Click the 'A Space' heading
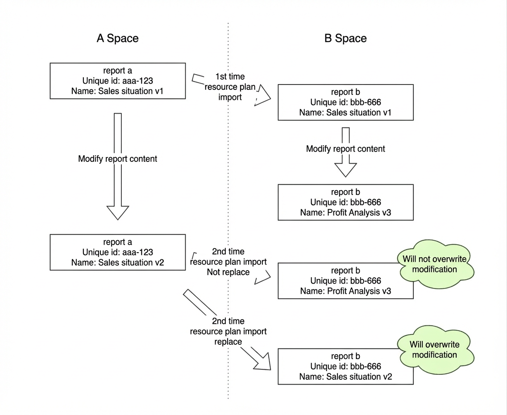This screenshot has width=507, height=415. click(117, 38)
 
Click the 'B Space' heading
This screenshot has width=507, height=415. click(345, 38)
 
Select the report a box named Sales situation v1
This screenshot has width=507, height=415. click(118, 81)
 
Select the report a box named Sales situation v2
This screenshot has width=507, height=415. click(118, 252)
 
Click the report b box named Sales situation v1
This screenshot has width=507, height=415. click(345, 102)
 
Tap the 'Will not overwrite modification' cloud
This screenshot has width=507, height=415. click(435, 264)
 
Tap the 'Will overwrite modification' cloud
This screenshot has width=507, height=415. click(435, 350)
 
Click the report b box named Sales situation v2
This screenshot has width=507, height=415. click(345, 366)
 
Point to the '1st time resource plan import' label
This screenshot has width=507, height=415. click(230, 87)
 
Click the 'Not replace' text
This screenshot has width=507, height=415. click(228, 272)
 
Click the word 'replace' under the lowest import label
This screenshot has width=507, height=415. click(228, 342)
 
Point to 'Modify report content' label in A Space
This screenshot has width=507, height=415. click(118, 159)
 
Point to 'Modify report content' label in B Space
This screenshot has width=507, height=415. click(345, 149)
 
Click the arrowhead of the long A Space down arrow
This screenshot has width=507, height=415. click(118, 213)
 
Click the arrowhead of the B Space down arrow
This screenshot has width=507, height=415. click(345, 170)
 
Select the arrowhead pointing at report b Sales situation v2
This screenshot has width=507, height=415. click(262, 361)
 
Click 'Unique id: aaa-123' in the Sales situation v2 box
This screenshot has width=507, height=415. click(118, 252)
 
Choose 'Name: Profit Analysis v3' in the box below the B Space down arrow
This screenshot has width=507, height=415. click(345, 212)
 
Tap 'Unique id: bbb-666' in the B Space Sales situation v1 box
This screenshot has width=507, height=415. click(345, 102)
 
